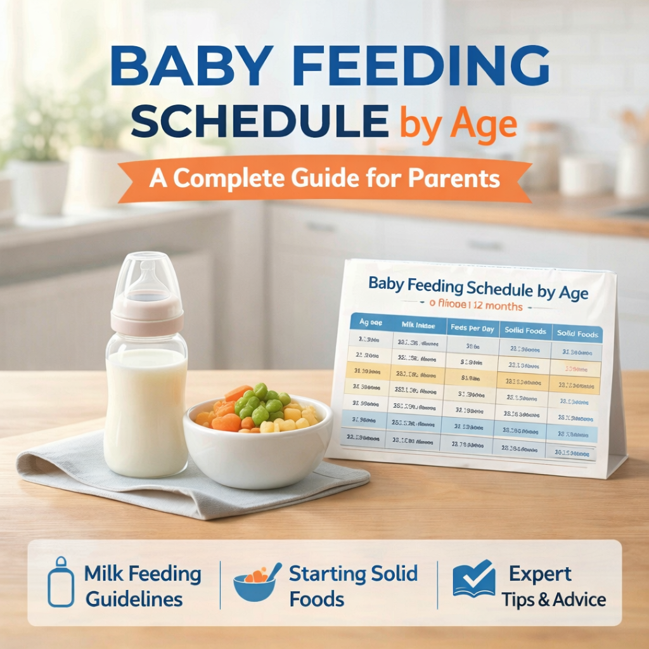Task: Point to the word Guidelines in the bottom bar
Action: pos(134,598)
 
